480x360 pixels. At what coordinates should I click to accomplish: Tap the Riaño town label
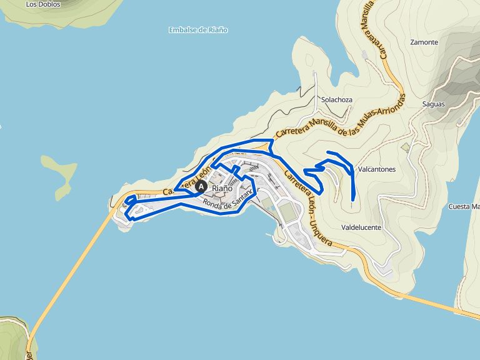coord(222,187)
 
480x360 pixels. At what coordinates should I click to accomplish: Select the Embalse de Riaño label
coord(198,29)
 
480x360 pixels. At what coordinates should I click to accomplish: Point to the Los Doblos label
coord(43,4)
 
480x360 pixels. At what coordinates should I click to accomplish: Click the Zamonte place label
coord(424,42)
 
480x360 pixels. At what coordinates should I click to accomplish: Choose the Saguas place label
coord(433,104)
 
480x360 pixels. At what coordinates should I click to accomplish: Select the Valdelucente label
coord(361,227)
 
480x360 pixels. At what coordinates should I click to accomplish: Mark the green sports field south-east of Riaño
coord(288,212)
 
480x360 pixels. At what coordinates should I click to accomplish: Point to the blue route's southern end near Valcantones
coord(353,199)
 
